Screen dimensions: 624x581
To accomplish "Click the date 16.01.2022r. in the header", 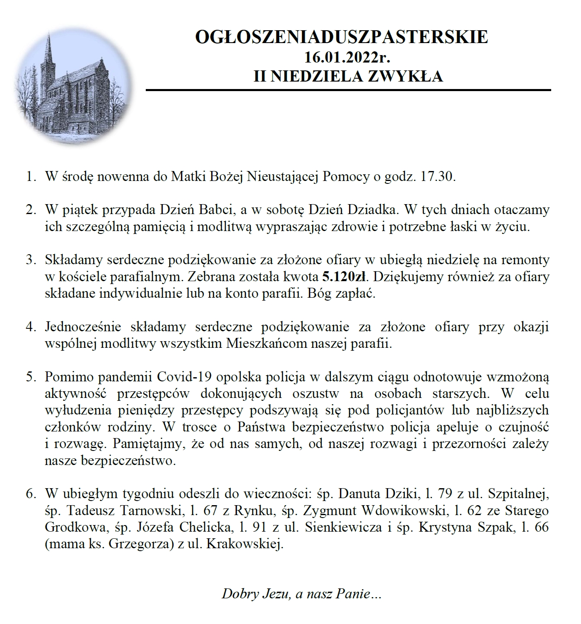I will tap(348, 57).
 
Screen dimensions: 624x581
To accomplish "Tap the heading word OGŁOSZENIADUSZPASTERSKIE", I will tap(342, 37).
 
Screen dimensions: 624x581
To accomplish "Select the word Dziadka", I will tap(374, 210).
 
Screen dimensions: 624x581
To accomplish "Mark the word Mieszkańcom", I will tap(273, 344).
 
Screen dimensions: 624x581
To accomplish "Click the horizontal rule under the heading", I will tap(348, 90).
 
